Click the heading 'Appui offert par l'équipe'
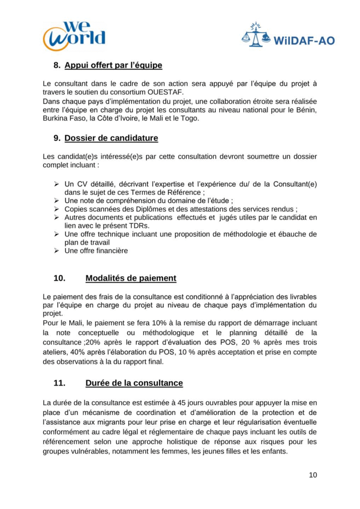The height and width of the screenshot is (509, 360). [x=113, y=65]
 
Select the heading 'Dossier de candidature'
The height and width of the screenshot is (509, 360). [x=111, y=138]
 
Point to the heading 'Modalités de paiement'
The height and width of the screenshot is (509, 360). [x=131, y=278]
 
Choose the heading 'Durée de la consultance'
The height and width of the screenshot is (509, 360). [x=134, y=383]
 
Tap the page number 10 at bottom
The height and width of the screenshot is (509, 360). [x=313, y=475]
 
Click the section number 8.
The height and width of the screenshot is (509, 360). [x=57, y=65]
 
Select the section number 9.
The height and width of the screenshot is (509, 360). [x=57, y=138]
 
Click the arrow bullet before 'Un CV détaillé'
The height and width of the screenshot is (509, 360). [x=56, y=184]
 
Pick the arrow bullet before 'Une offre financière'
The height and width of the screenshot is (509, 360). [x=56, y=251]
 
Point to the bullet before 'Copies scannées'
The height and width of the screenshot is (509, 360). [x=56, y=209]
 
